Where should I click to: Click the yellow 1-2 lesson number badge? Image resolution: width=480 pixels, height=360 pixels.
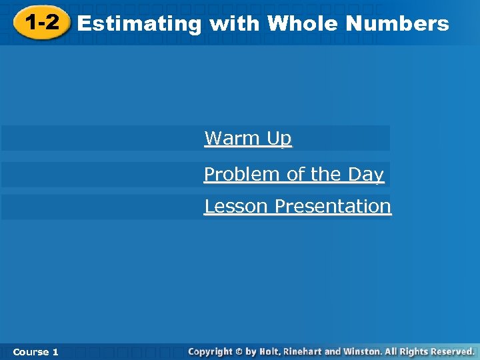(41, 23)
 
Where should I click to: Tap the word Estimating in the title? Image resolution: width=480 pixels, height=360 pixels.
(139, 25)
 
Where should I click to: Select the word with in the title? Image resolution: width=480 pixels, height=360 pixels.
(234, 24)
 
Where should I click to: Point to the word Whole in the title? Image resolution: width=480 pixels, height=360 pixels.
(303, 24)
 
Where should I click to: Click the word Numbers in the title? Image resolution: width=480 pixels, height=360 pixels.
(398, 24)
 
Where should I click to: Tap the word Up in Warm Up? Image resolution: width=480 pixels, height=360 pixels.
(279, 139)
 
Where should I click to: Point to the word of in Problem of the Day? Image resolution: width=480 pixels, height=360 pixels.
(296, 175)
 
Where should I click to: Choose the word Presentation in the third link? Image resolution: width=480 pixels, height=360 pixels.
(333, 207)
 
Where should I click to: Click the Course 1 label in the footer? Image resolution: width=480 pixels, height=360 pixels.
(35, 351)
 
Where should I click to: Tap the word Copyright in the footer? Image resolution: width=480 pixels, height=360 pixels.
(210, 351)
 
